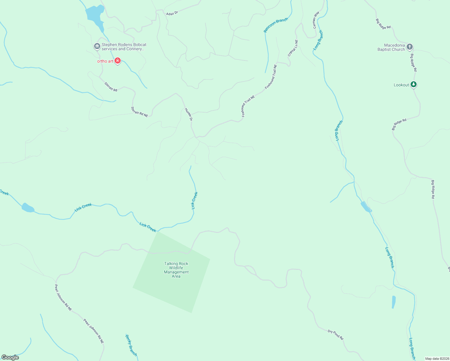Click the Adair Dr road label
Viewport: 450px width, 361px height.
(x=172, y=13)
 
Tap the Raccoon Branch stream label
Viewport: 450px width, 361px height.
(x=276, y=25)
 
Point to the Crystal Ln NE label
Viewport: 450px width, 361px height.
(x=293, y=48)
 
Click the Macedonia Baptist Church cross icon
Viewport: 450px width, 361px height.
(x=409, y=47)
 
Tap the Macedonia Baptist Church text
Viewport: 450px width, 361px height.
(x=391, y=48)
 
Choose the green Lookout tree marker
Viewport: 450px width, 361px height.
(x=414, y=85)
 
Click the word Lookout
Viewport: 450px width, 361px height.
(x=401, y=85)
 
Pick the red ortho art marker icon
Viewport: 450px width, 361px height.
(x=117, y=61)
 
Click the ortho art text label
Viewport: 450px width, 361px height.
(x=105, y=61)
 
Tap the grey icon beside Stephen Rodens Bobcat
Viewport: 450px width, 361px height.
(x=97, y=46)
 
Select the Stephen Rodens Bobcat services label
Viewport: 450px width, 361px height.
(x=124, y=47)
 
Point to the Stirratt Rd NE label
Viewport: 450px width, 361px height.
(x=140, y=112)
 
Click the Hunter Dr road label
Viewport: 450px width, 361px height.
(x=189, y=114)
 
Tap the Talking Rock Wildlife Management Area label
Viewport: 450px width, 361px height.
(x=176, y=270)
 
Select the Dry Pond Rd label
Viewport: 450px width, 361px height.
(x=335, y=335)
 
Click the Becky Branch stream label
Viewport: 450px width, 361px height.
(x=131, y=345)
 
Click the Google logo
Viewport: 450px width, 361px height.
(x=10, y=357)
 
